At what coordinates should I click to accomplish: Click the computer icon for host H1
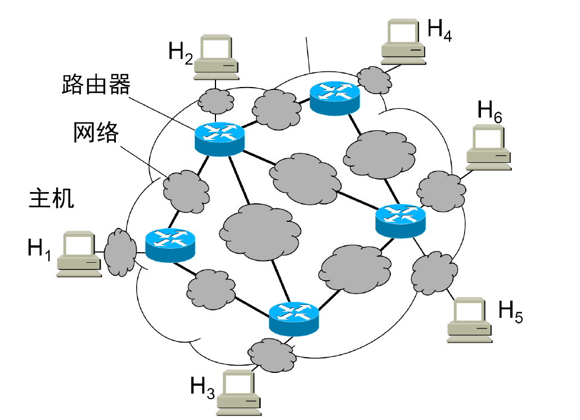tap(78, 254)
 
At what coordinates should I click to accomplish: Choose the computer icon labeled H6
tap(488, 147)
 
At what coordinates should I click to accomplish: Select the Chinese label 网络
tap(96, 133)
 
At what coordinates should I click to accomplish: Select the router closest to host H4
tap(335, 98)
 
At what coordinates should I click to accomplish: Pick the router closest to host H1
tap(170, 245)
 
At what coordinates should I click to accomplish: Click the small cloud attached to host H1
tap(119, 252)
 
